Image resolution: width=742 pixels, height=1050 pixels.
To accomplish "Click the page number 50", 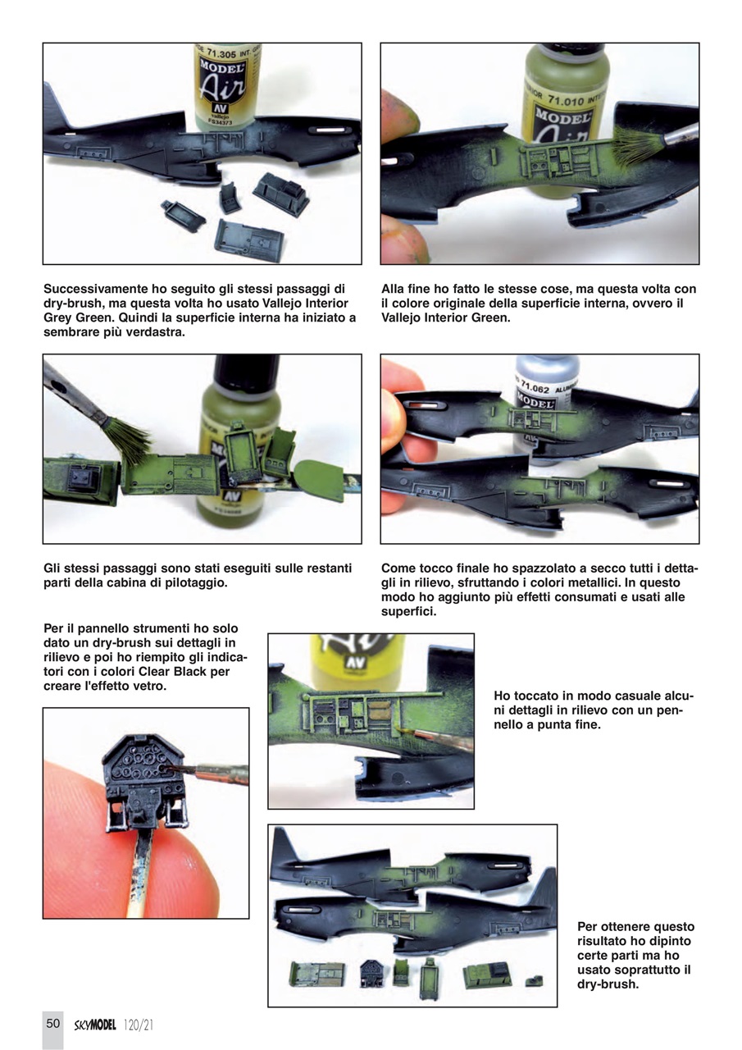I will (52, 1023).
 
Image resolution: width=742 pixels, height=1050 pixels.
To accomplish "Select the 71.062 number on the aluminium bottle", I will (532, 387).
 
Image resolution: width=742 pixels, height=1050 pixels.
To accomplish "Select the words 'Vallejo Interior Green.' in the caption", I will (446, 317).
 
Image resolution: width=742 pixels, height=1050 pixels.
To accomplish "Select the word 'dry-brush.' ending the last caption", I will (608, 984).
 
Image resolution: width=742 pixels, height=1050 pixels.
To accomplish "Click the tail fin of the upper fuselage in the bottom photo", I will (282, 845).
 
